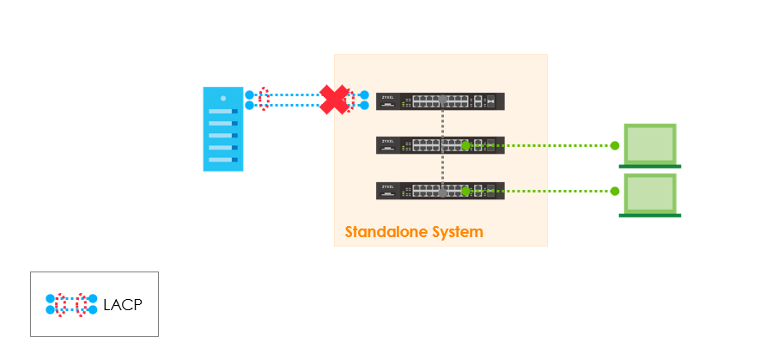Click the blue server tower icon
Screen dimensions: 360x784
click(222, 129)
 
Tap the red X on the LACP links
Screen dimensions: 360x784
click(333, 99)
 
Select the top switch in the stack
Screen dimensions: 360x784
click(440, 101)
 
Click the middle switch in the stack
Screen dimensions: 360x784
click(440, 145)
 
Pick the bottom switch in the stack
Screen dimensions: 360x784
click(440, 191)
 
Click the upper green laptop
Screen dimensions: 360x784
click(650, 145)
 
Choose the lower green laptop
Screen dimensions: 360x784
click(650, 195)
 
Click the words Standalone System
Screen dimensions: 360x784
click(414, 232)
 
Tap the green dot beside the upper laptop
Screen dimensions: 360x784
click(615, 145)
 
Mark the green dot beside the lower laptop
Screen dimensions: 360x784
click(615, 191)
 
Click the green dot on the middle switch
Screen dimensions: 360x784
click(465, 145)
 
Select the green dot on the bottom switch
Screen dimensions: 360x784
click(465, 191)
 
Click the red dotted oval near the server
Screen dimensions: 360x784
click(264, 100)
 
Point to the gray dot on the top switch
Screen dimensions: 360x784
click(442, 101)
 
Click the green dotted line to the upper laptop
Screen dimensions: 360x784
click(541, 145)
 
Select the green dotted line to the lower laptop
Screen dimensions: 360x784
click(541, 191)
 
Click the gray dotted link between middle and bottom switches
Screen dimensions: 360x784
click(442, 168)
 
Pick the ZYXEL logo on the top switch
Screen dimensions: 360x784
click(386, 96)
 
